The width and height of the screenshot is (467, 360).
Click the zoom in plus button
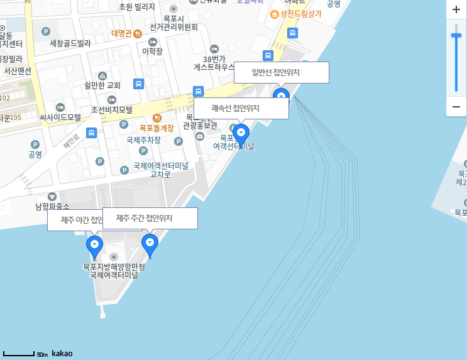(x=456, y=10)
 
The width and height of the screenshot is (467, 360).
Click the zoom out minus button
(x=456, y=106)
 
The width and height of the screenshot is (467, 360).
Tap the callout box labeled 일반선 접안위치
(x=281, y=72)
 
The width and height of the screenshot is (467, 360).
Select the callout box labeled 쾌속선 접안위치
(x=241, y=108)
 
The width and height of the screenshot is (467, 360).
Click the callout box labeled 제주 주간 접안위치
(x=150, y=218)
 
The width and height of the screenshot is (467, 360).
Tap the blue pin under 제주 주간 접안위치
(x=150, y=244)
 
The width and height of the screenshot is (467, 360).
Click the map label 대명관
(x=121, y=33)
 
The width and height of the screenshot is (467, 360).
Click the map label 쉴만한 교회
(x=102, y=85)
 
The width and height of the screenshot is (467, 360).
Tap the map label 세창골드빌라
(x=70, y=43)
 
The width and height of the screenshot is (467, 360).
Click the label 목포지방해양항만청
(x=114, y=266)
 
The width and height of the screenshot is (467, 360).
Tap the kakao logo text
(x=62, y=354)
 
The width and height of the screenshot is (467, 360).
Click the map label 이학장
(x=152, y=52)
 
